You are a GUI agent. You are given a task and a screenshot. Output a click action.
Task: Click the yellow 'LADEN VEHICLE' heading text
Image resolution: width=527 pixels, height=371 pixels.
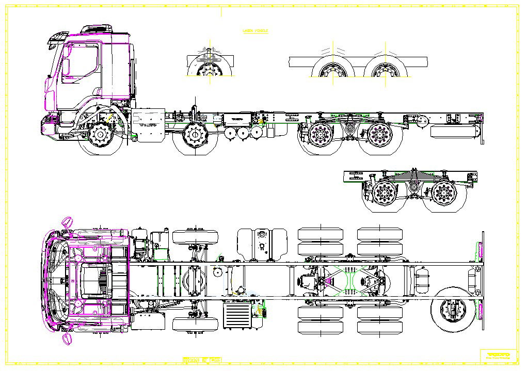255,31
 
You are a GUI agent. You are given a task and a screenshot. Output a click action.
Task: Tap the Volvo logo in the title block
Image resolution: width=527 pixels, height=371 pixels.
499,355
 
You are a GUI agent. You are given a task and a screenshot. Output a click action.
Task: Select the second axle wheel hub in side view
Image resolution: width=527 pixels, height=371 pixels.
195,136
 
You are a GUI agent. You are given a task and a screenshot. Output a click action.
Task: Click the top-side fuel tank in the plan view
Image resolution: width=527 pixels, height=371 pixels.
261,245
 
